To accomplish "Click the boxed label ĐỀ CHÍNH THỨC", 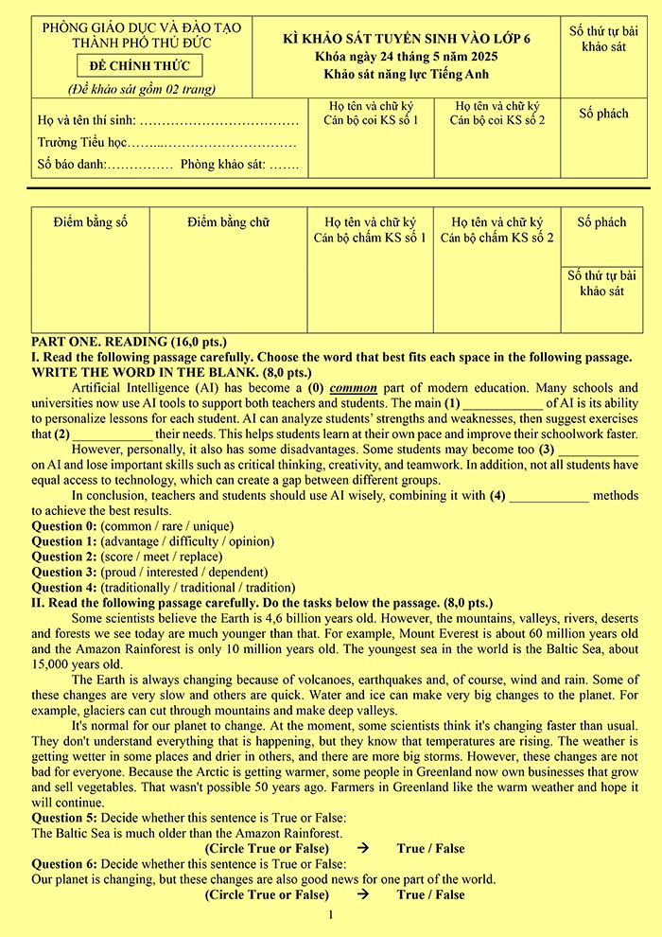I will [140, 66].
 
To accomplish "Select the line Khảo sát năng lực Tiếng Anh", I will [408, 74].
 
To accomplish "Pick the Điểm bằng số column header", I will [90, 222].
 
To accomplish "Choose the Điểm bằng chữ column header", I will [228, 222].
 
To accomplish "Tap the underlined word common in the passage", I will [354, 388].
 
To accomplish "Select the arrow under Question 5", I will [363, 848].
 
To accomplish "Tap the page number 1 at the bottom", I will [330, 914].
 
